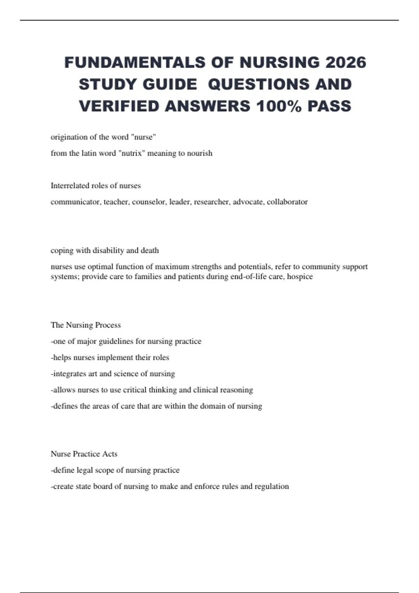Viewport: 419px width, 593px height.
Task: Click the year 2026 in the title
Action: (x=346, y=63)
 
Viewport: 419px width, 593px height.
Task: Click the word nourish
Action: (x=200, y=153)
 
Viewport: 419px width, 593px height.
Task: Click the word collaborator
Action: (x=287, y=202)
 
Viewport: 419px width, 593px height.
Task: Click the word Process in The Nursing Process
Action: (x=108, y=325)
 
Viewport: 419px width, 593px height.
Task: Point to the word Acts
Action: (x=110, y=454)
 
